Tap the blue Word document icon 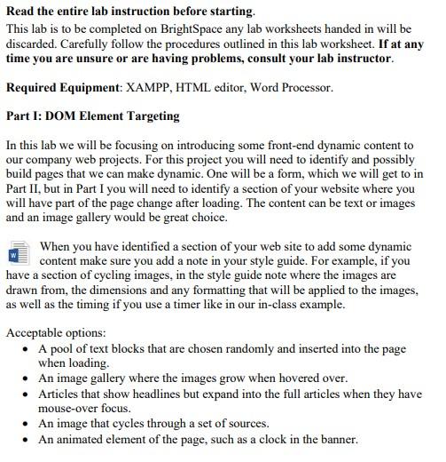tap(19, 252)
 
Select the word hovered tap(300, 378)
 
